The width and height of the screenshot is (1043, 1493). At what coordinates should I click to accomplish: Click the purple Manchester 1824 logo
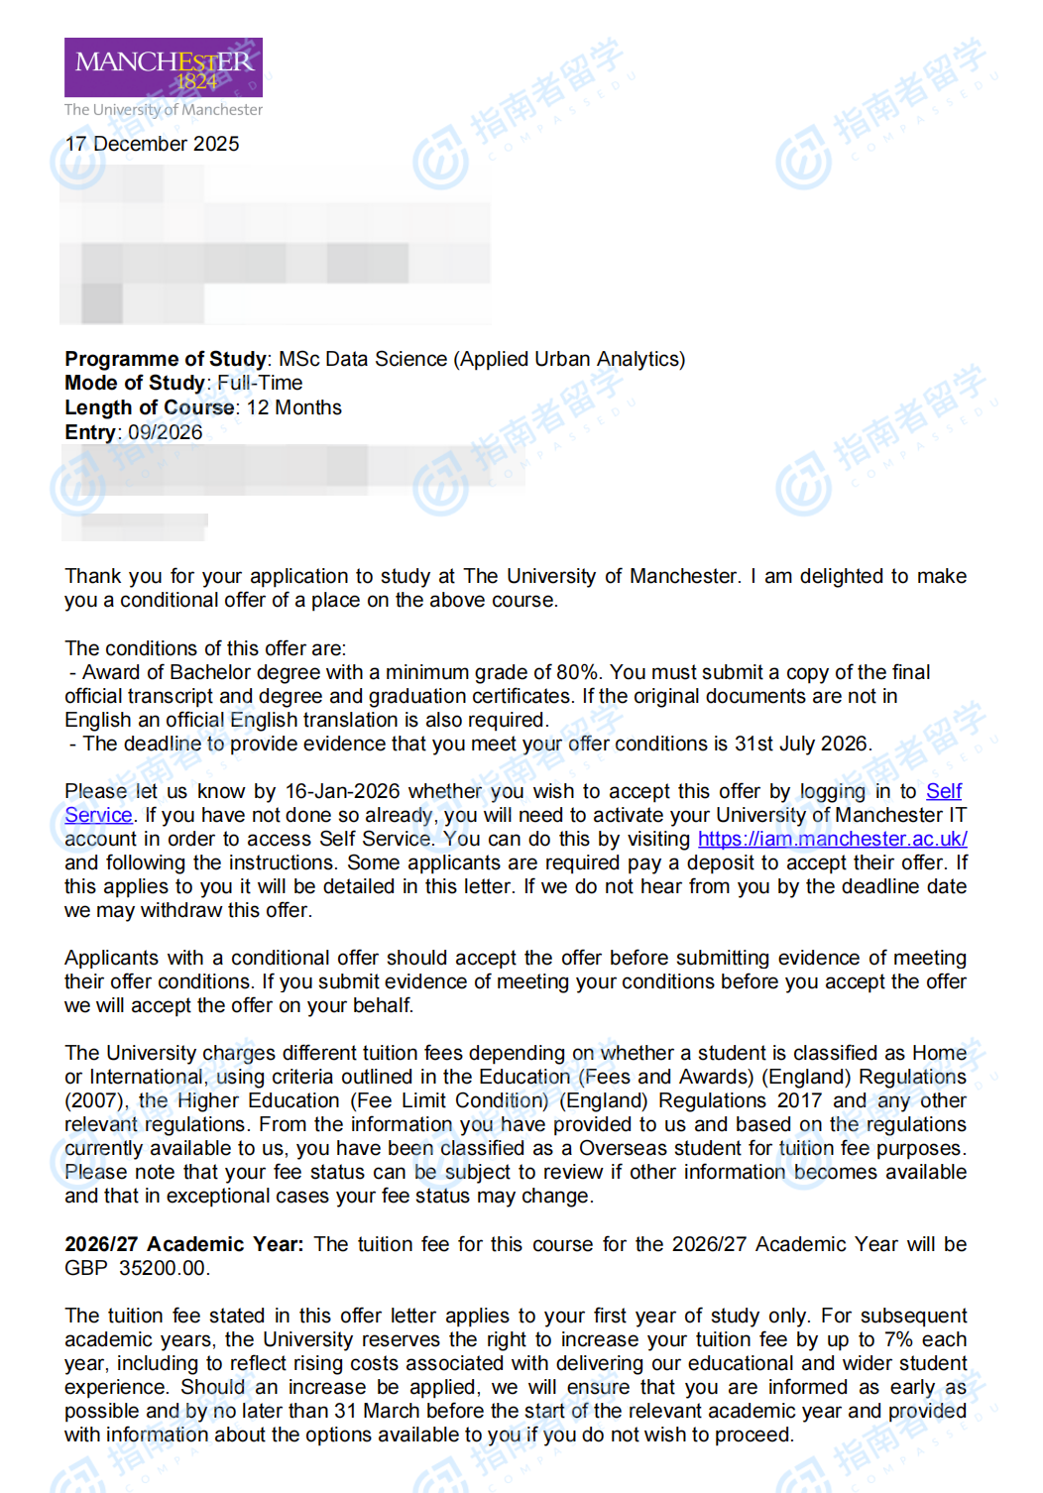coord(164,67)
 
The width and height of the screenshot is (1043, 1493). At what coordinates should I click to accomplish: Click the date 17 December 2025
coord(152,144)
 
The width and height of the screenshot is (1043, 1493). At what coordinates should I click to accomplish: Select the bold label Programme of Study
coord(165,359)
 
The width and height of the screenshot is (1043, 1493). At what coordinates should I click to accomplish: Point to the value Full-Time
coord(260,383)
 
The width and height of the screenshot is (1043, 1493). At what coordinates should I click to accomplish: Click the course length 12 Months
coord(293,407)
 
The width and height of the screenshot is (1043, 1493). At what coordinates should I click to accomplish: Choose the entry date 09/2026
coord(165,432)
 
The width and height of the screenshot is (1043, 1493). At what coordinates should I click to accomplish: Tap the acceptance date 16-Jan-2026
coord(342,791)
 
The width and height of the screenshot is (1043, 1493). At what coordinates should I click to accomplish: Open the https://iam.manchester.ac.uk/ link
coord(832,839)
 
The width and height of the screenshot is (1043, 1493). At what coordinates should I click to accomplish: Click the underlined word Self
coord(944,791)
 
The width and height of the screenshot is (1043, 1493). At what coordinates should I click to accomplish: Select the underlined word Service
coord(98,815)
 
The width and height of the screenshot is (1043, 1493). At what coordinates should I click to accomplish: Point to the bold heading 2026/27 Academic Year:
coord(183,1244)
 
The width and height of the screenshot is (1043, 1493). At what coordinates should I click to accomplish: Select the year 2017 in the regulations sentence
coord(799,1100)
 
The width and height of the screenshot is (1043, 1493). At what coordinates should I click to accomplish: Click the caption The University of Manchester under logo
coord(164,110)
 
